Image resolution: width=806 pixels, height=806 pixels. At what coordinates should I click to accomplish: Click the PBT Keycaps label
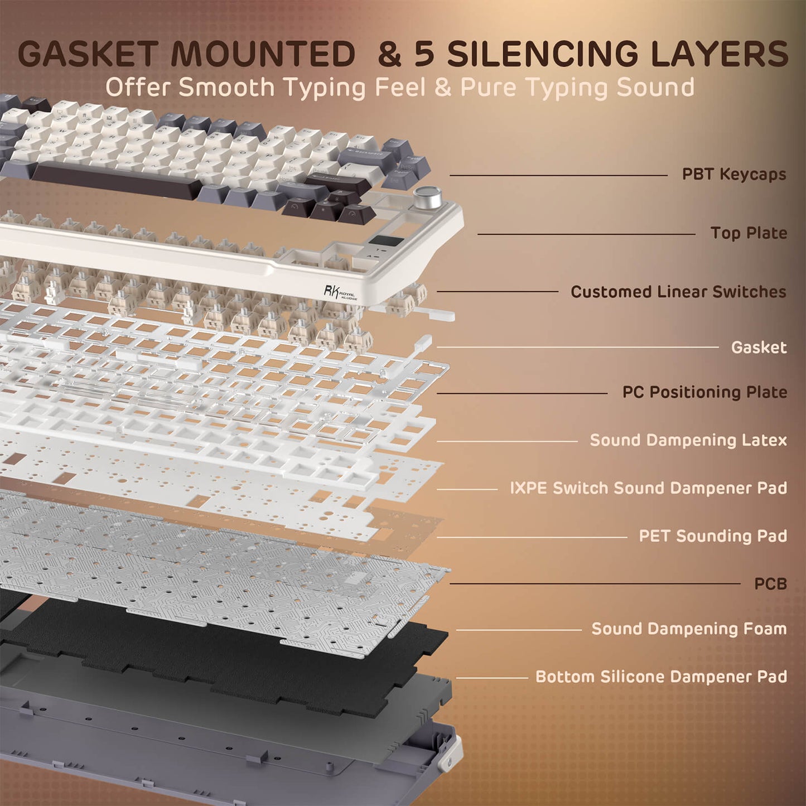pos(733,175)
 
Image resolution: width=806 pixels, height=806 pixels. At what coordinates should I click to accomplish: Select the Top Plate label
pos(749,233)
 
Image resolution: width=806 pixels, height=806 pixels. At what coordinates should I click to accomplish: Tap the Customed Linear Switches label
pos(678,292)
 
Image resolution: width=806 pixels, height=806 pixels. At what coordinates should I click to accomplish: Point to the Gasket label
pos(759,348)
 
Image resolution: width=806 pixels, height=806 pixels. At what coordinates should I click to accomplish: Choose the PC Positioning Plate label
pos(704,392)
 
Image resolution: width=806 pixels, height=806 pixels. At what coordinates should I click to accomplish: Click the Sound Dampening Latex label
pos(688,440)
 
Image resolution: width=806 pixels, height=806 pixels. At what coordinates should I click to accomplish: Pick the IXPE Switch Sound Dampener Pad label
pos(648,488)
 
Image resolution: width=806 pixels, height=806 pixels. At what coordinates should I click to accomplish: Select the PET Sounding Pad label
pos(713,536)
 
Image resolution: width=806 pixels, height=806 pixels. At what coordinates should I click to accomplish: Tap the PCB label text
pos(770,584)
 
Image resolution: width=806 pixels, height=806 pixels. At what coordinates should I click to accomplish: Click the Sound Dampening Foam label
pos(689,629)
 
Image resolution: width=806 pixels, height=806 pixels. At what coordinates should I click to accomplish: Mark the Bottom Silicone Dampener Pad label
pos(661,677)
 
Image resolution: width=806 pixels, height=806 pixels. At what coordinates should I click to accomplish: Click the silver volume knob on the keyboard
pos(428,197)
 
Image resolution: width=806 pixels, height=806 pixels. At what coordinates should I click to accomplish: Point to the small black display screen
pos(386,243)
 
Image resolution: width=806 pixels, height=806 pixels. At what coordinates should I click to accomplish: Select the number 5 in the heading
pos(424,54)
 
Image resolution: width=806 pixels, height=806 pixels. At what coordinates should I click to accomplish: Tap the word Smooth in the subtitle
pos(226,88)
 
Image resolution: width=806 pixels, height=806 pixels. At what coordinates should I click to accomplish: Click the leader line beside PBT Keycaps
pos(558,175)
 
